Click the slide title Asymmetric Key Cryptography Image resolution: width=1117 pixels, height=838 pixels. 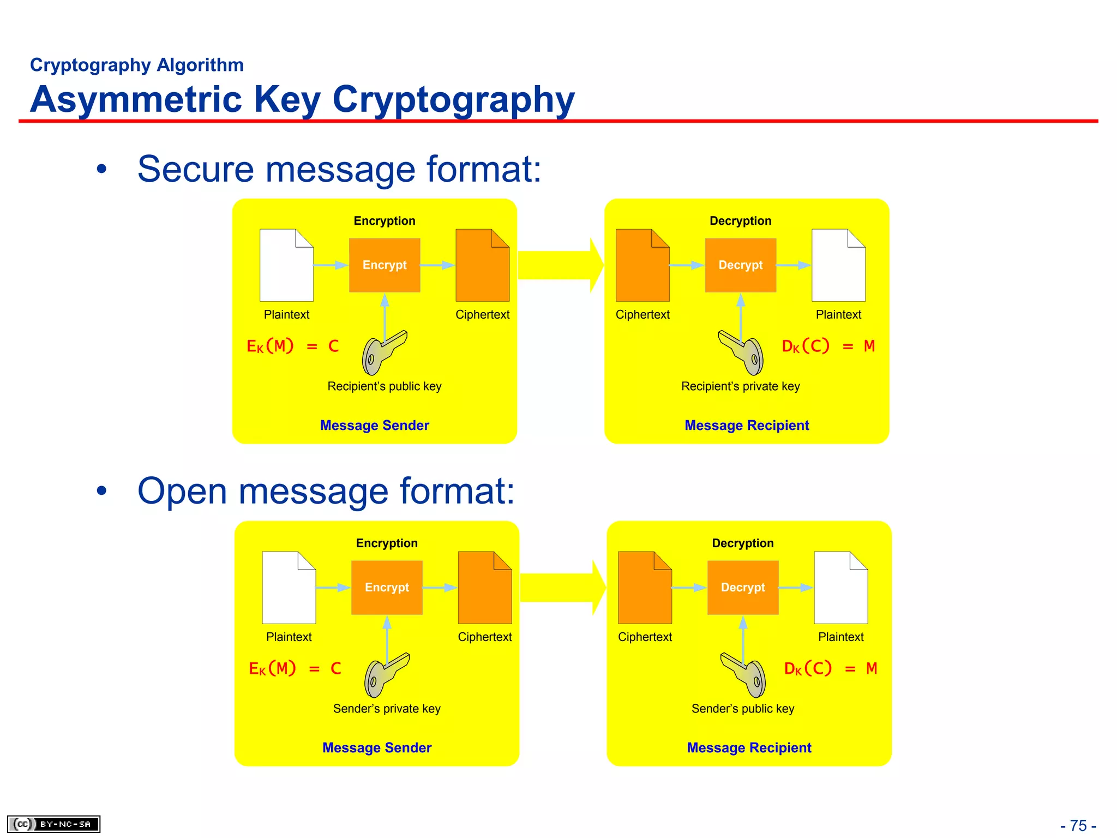302,99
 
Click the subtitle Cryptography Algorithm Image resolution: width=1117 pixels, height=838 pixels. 136,65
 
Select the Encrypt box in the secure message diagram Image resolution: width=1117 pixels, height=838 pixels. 385,265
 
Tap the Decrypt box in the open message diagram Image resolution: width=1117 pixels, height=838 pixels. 742,588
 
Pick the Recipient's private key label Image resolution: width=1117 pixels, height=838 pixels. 740,386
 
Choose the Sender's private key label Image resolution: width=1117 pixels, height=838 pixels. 387,709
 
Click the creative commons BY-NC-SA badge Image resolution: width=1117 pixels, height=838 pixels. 53,824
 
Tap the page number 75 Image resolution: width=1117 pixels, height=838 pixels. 1078,825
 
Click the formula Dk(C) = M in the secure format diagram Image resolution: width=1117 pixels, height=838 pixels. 828,346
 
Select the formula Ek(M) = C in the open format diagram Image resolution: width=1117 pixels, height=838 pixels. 295,669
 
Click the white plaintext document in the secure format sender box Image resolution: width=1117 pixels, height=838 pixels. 286,266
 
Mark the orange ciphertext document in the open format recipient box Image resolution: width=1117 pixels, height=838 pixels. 645,588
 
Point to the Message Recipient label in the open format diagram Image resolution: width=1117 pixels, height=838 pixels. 749,747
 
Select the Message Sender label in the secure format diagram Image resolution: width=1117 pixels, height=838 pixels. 375,425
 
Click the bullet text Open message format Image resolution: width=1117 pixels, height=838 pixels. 326,491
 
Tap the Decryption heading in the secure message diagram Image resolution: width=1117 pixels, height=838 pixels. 740,221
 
